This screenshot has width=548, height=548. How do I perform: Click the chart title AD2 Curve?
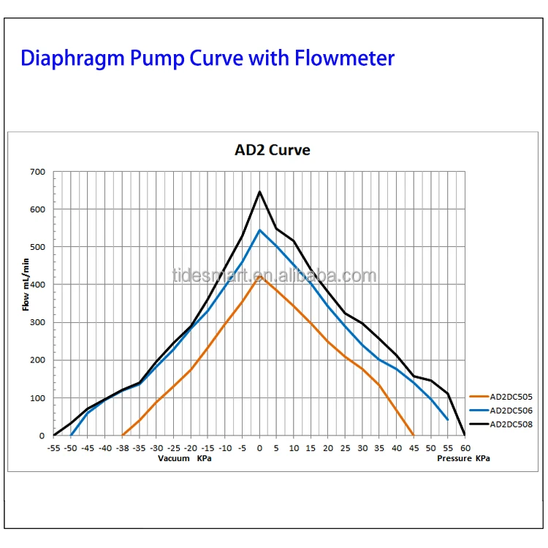coord(272,150)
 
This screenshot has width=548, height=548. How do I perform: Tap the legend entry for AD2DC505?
coord(511,397)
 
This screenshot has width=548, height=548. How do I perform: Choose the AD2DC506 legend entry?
coord(511,411)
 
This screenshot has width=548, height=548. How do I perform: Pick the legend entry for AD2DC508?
coord(511,424)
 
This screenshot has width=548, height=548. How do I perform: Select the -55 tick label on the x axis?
coord(53,447)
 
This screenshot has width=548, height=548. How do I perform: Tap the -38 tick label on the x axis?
coord(122,447)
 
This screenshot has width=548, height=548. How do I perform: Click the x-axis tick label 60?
coord(465,447)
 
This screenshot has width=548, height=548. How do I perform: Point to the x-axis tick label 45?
coord(414,447)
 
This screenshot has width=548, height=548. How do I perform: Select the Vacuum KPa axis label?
coord(185,458)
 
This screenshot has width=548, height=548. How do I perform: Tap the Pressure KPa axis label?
coord(463,458)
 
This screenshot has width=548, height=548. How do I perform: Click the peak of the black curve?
coord(259,191)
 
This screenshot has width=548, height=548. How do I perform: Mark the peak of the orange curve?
coord(259,276)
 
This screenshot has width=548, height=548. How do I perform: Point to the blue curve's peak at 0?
coord(259,230)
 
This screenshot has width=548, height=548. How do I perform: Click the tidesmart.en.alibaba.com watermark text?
coord(274,276)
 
